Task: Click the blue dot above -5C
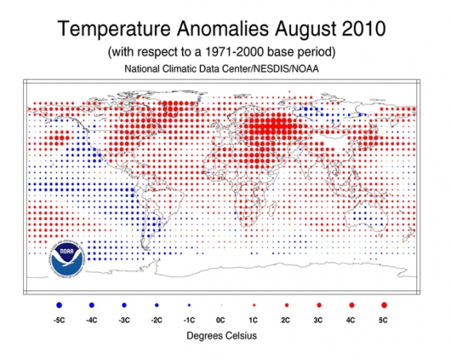[60, 304]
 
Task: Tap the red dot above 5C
[385, 304]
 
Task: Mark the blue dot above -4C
[92, 304]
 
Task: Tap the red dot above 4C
[352, 304]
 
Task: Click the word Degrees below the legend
[202, 335]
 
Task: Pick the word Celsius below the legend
[241, 335]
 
